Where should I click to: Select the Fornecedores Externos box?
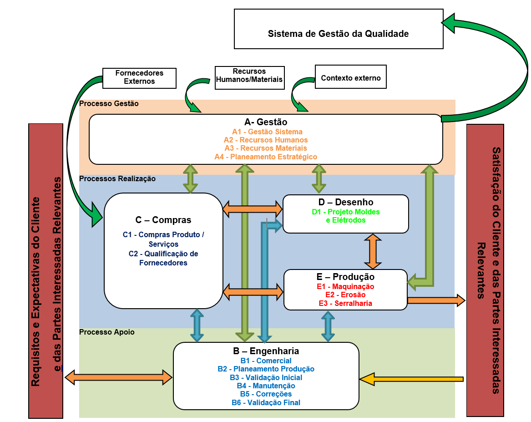pos(139,77)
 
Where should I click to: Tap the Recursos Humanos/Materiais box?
pos(249,76)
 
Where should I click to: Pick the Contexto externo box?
pos(350,78)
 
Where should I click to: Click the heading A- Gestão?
pos(266,122)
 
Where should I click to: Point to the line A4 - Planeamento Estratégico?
pos(266,157)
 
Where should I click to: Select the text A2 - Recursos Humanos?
pos(266,140)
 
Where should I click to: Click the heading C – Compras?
pos(163,220)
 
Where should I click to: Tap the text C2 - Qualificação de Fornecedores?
pos(163,258)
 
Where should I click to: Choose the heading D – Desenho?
pos(345,202)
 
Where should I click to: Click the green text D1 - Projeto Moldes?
pos(345,212)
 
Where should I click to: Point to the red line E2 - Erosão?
pos(345,295)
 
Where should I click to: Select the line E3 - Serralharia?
pos(345,303)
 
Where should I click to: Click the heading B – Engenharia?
pos(266,351)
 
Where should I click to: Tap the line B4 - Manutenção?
pos(266,386)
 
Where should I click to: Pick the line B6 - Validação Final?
pos(266,402)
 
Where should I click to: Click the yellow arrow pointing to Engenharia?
pos(411,379)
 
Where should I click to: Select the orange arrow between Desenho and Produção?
pos(373,251)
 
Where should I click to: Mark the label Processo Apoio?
pos(107,332)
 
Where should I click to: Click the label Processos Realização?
pos(117,178)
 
